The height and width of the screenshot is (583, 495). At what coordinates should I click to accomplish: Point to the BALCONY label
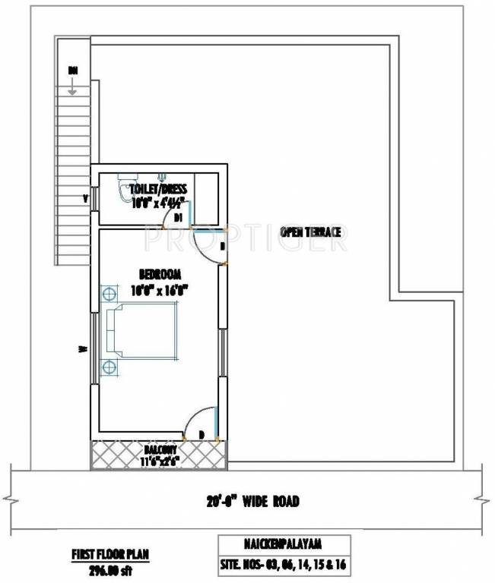click(158, 449)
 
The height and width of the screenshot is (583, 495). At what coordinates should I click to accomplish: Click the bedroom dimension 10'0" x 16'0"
click(158, 289)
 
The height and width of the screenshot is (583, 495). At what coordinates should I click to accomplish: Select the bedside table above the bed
click(109, 292)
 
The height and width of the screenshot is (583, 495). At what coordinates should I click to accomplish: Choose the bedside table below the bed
click(109, 367)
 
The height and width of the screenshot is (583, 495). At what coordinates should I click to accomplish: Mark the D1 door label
click(177, 218)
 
